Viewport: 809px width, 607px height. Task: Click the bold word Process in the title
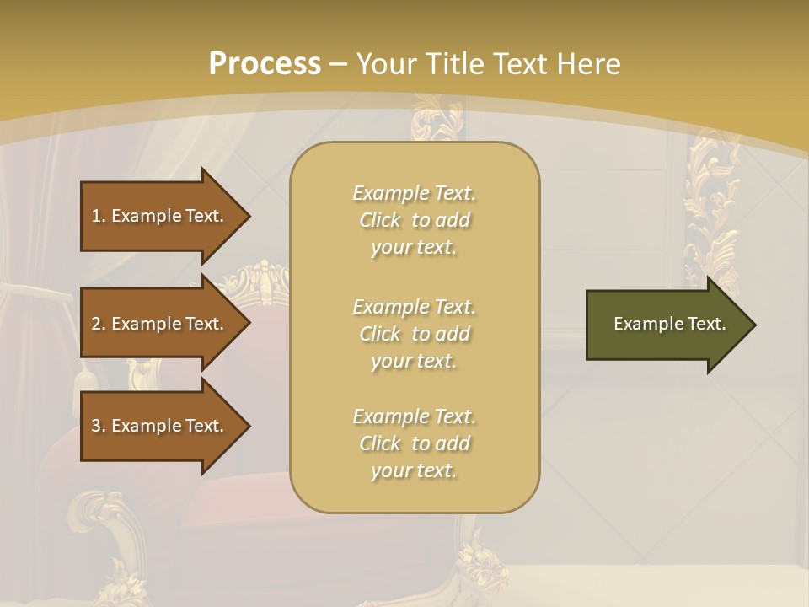pos(265,64)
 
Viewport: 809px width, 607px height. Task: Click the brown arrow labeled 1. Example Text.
pos(160,216)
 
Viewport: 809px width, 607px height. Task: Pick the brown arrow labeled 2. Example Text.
pos(160,324)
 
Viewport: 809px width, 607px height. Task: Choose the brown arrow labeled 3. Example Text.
pos(160,426)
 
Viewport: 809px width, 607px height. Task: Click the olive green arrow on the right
pos(666,325)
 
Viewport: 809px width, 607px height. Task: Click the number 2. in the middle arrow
pos(99,324)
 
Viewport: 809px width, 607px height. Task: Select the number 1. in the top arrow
pos(99,216)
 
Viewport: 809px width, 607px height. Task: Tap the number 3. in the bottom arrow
pos(99,426)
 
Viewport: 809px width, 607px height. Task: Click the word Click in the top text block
pos(380,220)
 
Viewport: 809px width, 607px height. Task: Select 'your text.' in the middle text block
pos(414,361)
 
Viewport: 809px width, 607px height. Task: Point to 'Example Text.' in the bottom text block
pos(414,416)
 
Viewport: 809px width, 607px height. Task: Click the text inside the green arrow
pos(669,324)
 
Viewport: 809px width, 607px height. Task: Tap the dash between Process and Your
pos(338,64)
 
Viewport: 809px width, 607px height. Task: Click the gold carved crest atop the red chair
pos(262,282)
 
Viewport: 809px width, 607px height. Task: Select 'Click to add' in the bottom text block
pos(414,443)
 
